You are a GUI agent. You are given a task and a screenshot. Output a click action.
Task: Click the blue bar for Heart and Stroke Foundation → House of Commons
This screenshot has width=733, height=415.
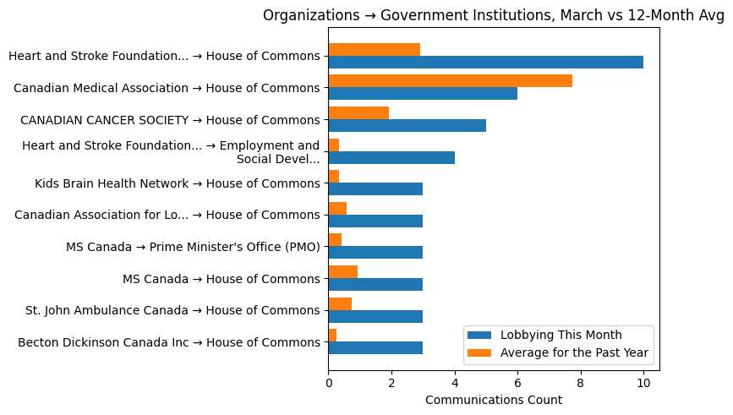pos(485,62)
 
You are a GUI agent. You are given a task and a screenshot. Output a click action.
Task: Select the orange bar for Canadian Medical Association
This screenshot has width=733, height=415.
pos(450,81)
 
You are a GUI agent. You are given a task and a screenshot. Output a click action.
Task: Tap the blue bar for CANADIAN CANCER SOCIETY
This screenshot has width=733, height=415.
pos(407,125)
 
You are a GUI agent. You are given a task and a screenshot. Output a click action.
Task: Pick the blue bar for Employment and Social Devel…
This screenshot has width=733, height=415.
pos(391,157)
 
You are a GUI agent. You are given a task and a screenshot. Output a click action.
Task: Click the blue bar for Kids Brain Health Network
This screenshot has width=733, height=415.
pos(375,188)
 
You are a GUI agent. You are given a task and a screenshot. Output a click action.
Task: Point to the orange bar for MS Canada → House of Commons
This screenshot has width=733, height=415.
pos(342,271)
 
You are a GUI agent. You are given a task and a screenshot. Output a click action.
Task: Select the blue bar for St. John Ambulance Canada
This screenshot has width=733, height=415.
pos(375,316)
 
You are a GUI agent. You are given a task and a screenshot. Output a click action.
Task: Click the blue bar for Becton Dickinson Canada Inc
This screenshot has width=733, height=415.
pos(375,347)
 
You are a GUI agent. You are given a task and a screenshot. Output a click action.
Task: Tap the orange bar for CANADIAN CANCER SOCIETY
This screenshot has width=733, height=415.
pos(358,112)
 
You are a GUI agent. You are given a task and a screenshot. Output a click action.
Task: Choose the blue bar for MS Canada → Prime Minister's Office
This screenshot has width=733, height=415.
pos(375,252)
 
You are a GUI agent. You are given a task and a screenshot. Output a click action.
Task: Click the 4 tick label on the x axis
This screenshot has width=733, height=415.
pos(455,382)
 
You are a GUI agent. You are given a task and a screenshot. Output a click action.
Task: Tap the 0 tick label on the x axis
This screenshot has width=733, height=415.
pos(328,382)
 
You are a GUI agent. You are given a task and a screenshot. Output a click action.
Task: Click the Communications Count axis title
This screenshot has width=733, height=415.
pos(493,400)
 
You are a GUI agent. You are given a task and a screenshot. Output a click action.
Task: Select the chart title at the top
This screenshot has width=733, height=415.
pos(494,15)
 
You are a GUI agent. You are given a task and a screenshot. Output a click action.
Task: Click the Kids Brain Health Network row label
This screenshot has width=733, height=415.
pos(178,183)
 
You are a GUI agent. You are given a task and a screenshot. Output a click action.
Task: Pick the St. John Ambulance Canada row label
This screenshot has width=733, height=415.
pos(172,310)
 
